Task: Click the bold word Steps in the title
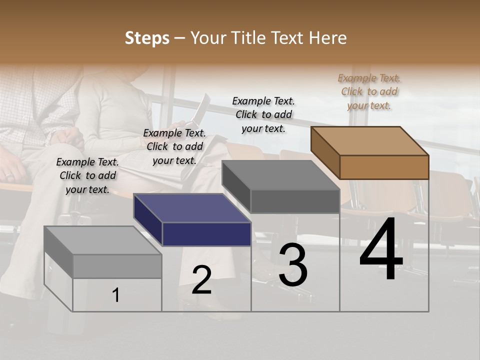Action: point(147,38)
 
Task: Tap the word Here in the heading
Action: point(328,38)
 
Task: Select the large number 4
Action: point(381,251)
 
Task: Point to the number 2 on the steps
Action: point(201,280)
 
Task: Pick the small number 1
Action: point(116,295)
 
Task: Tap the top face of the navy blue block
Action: point(192,208)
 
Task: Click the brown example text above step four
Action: point(369,91)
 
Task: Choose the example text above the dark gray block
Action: point(263,114)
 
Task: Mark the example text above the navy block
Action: point(174,146)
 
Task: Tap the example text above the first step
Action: point(87,175)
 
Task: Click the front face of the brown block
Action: point(384,167)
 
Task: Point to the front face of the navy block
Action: point(206,234)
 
